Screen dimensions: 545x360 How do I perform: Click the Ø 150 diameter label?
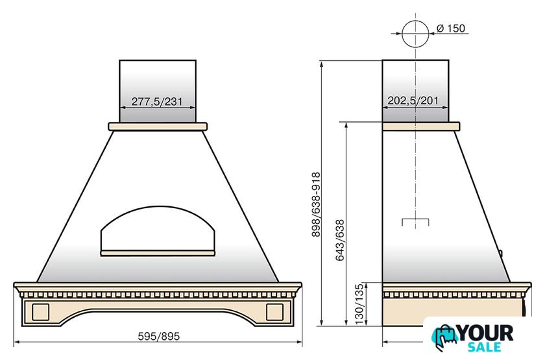click(x=451, y=28)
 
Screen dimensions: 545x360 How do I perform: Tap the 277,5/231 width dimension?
click(x=157, y=101)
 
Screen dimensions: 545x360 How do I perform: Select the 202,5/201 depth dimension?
click(x=413, y=101)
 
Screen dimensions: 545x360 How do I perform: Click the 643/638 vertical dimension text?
click(x=339, y=240)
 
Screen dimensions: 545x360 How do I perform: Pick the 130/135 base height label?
click(x=359, y=304)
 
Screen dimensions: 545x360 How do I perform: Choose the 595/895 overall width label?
click(x=159, y=337)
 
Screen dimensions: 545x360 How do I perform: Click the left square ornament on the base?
click(x=41, y=312)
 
